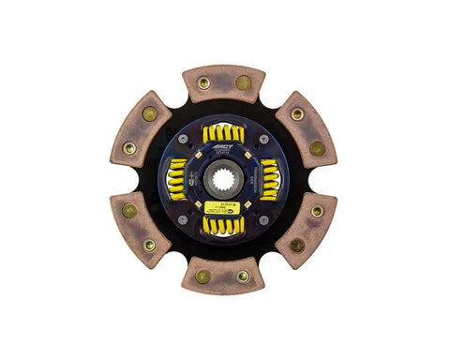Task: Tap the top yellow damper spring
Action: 223,134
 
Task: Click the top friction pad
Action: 223,83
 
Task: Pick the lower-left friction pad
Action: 141,230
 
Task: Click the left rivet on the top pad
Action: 204,82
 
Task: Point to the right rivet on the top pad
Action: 243,82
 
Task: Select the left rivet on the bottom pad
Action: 204,277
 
